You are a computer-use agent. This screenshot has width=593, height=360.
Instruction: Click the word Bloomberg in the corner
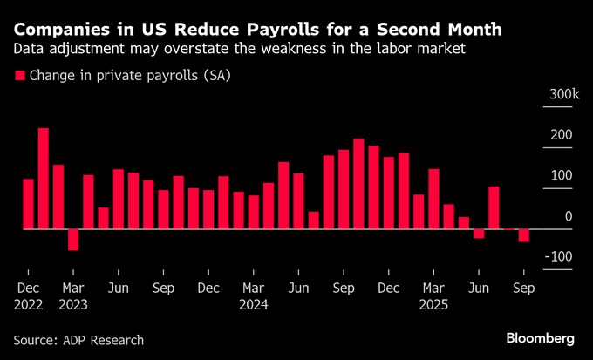pos(541,338)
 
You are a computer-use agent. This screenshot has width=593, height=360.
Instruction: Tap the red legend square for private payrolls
pos(20,76)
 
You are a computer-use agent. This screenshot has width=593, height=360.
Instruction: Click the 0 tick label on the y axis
pos(569,216)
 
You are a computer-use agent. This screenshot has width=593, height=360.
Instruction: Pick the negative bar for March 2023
pos(73,240)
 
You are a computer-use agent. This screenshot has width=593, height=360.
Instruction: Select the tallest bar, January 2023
pos(43,179)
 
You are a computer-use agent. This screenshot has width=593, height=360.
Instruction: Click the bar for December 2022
pos(28,204)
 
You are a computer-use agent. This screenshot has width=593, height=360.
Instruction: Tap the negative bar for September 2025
pos(523,235)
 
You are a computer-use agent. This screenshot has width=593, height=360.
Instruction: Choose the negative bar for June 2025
pos(479,234)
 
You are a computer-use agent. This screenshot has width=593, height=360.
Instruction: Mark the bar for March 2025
pos(433,199)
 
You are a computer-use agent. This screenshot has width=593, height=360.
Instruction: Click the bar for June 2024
pos(298,201)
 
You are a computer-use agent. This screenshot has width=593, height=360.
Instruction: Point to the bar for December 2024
pos(389,193)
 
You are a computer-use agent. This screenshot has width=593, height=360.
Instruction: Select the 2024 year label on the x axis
pos(253,305)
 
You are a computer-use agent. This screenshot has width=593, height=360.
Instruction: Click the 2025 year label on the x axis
pos(433,305)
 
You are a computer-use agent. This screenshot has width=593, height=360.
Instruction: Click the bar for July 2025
pos(494,207)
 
